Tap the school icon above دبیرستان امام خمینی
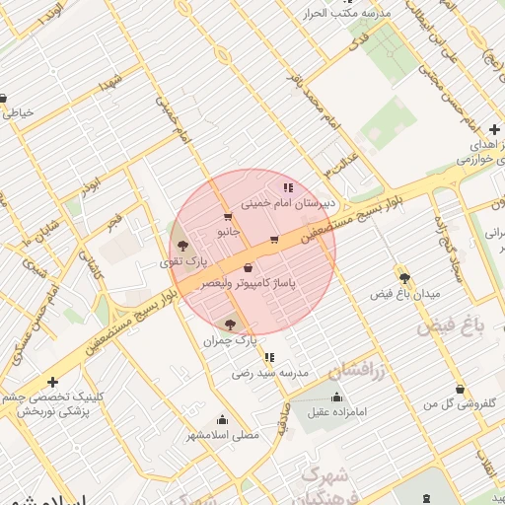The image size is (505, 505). (287, 186)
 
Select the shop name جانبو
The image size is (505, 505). (229, 232)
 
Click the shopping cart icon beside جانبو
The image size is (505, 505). (229, 217)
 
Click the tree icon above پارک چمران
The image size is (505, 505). (230, 324)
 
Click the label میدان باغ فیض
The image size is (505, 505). (404, 294)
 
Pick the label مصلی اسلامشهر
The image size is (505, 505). (222, 434)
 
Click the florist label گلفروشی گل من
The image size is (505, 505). (458, 404)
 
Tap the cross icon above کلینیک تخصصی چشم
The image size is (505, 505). (52, 382)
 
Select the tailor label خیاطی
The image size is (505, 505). (19, 112)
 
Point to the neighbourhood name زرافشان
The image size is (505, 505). (352, 369)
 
